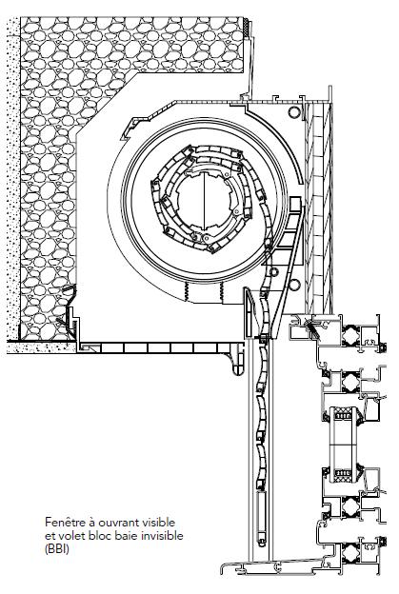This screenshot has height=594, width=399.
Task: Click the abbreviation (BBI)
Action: tap(57, 549)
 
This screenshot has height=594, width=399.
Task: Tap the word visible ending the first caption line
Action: tap(159, 522)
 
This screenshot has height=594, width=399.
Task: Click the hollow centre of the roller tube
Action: tap(203, 201)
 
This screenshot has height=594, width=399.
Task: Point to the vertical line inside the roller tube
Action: tap(204, 201)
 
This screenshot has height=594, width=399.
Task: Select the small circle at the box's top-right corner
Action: tap(293, 111)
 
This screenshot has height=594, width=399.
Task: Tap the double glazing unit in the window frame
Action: tap(344, 445)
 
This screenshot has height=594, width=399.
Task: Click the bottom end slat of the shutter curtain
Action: tap(261, 519)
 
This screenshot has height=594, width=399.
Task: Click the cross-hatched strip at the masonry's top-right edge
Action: tap(247, 28)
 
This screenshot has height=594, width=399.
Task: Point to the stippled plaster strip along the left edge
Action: tap(13, 178)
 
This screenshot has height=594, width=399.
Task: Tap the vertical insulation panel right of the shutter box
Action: tap(318, 208)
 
